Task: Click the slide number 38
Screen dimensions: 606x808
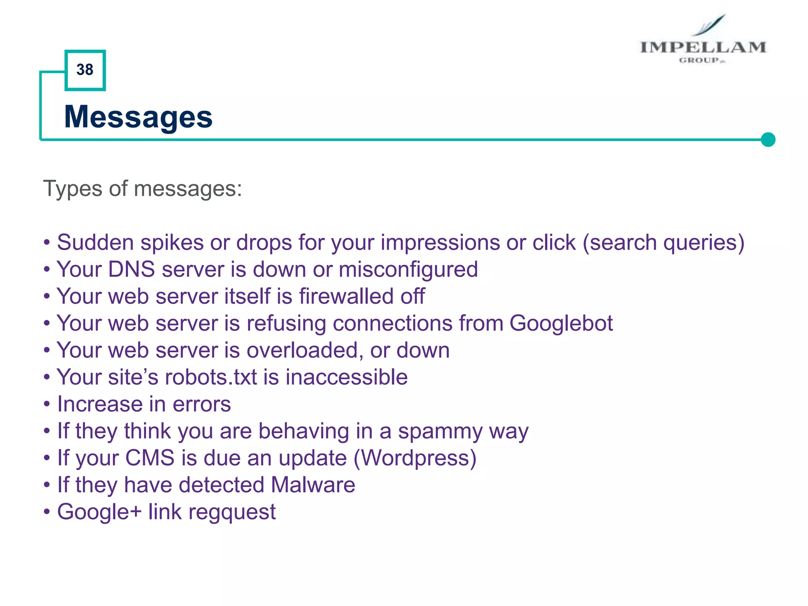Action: point(85,70)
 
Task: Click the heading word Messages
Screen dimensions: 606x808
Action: point(138,117)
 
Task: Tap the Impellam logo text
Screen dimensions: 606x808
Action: point(703,47)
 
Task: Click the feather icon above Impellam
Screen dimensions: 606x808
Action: point(711,25)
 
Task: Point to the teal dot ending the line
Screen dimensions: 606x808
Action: point(768,139)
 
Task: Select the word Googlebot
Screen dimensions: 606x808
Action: point(561,323)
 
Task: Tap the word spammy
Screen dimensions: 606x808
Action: point(440,431)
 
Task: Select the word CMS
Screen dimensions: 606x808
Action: point(150,458)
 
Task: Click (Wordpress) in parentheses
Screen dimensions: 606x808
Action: point(415,458)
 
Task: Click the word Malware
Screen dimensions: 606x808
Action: point(313,485)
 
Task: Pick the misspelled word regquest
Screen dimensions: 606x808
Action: point(232,512)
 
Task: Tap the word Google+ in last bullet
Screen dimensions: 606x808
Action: point(99,512)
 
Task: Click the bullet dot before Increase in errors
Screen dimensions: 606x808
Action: point(47,404)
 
